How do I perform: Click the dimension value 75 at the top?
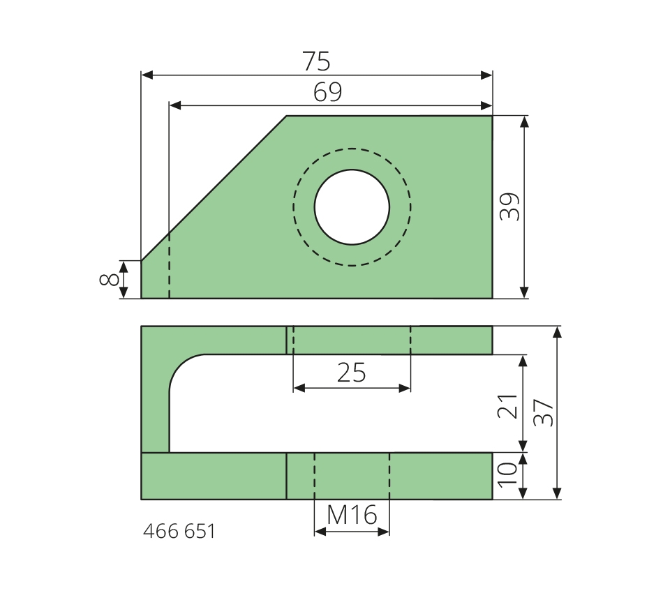point(316,61)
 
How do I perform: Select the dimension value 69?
point(328,92)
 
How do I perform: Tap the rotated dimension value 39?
point(509,207)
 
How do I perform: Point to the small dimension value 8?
point(109,280)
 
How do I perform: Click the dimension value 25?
point(351,373)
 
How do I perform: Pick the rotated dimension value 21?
point(507,406)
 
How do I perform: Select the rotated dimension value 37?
point(544,412)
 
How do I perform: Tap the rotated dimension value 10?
point(507,475)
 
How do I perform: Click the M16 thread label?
point(352,515)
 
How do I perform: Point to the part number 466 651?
point(179,531)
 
